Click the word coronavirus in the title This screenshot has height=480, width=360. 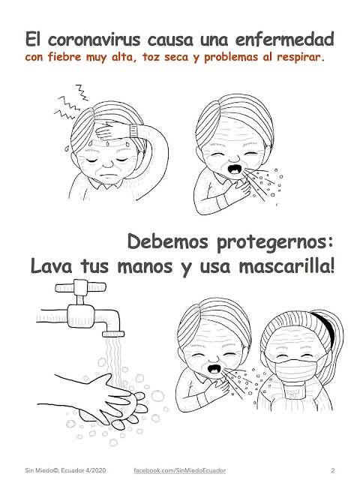point(94,40)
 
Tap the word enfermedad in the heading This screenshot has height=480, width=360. point(284,39)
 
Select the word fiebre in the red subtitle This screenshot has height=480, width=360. point(64,57)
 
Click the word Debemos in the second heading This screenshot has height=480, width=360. point(168,241)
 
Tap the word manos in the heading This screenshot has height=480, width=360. point(145,266)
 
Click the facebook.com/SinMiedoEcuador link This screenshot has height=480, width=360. point(180,470)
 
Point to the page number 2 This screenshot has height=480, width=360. point(333,470)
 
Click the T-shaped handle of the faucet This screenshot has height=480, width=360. point(80,287)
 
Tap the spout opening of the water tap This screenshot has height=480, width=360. point(113,334)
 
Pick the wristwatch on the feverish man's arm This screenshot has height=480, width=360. point(133,130)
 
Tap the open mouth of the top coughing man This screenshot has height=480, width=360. point(235,169)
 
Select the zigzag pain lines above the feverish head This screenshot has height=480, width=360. point(72,103)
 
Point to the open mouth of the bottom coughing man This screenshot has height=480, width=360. point(214,369)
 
